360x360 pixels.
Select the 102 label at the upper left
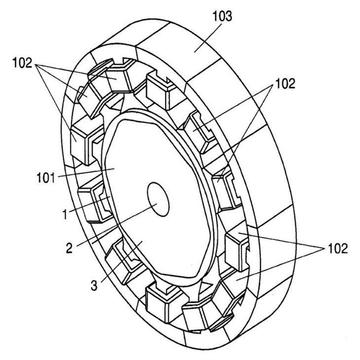(23, 64)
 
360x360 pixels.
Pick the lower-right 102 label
(336, 248)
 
